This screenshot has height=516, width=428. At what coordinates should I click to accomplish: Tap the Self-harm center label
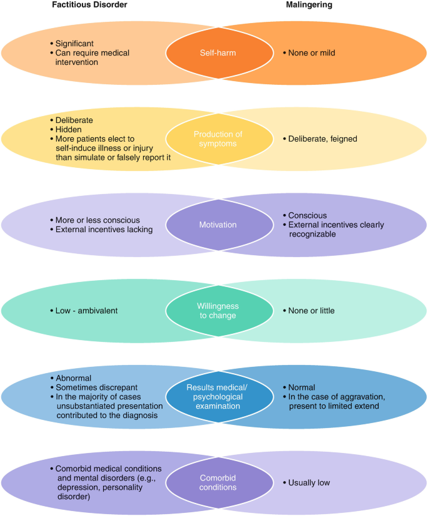pos(219,53)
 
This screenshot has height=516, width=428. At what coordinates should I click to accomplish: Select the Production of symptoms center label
pos(219,139)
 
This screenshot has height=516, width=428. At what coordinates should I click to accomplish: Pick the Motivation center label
pos(219,225)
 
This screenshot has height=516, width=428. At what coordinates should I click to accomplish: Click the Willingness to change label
pos(219,310)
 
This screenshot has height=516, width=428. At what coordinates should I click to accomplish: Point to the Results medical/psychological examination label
pos(219,396)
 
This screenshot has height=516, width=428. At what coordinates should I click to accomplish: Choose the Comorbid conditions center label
pos(219,482)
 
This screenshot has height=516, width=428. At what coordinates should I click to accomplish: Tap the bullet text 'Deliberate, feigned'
pos(322,139)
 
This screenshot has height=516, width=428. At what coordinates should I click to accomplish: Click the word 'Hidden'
pos(69,129)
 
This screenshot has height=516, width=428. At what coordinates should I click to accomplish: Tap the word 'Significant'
pos(75,44)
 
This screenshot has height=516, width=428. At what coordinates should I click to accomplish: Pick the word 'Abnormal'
pos(74,378)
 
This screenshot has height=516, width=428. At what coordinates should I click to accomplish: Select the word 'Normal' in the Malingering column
pos(302,387)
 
